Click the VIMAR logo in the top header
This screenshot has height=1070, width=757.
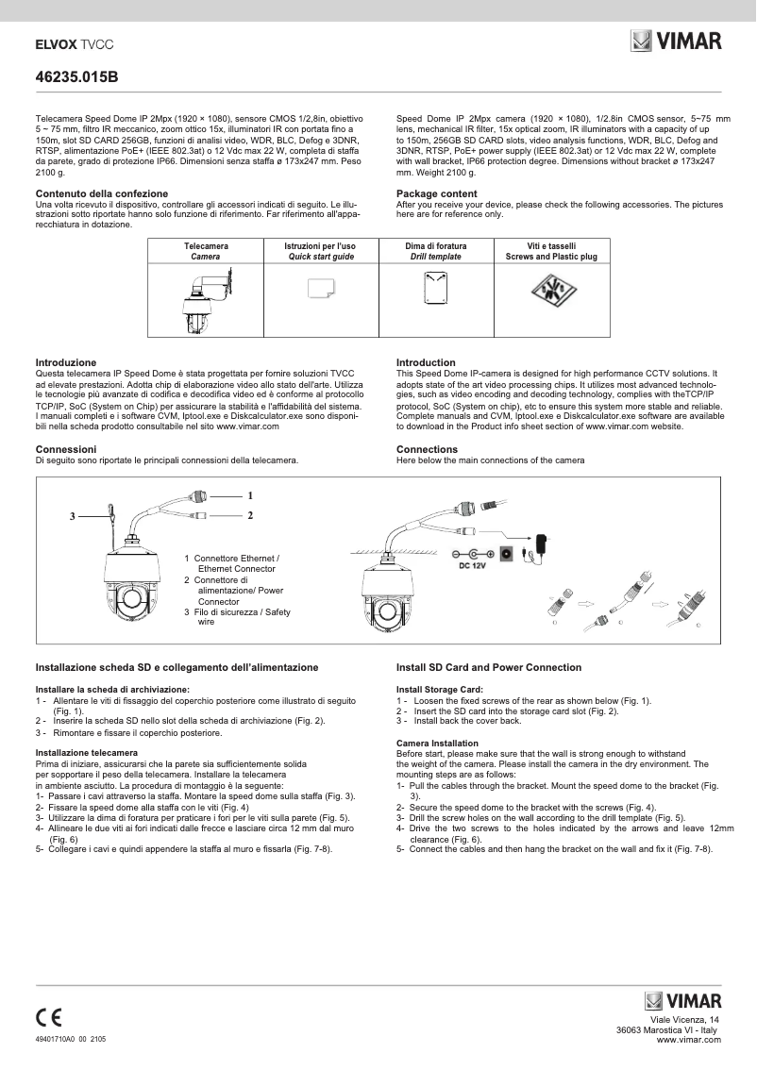676,42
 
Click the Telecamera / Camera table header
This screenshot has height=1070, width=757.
206,251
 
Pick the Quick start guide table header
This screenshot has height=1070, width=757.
321,251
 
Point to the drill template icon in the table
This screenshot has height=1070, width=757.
436,286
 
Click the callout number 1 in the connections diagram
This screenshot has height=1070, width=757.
250,495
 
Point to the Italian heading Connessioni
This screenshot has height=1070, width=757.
66,449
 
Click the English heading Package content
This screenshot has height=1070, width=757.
436,193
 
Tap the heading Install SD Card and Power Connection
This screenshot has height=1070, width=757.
488,667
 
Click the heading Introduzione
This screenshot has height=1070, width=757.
66,362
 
